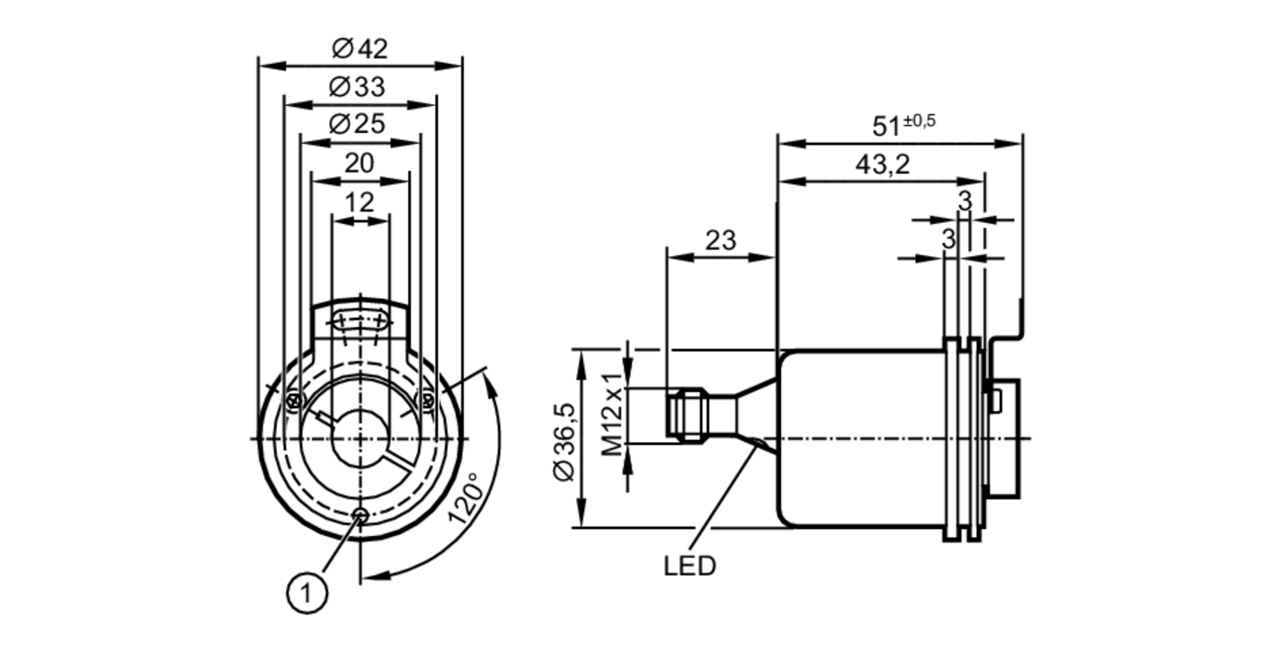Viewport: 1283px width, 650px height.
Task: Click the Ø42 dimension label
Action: click(x=360, y=49)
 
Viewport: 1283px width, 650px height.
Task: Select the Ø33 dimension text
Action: click(x=357, y=87)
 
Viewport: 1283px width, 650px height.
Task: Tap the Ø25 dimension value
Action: click(x=357, y=124)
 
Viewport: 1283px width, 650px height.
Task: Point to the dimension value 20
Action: click(x=359, y=164)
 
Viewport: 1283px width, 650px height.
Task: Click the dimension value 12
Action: click(x=359, y=203)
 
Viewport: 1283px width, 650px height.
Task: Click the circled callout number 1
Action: click(x=307, y=594)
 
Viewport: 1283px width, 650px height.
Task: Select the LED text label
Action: click(x=690, y=567)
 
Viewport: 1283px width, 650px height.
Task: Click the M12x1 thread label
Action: click(x=613, y=414)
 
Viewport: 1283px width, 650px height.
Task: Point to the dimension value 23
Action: click(x=720, y=241)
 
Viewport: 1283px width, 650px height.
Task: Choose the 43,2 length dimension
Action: click(x=882, y=166)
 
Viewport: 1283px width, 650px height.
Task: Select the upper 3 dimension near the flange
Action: click(x=965, y=201)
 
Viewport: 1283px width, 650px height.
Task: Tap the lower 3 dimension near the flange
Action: click(x=948, y=239)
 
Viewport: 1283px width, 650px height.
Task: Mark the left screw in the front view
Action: click(x=294, y=402)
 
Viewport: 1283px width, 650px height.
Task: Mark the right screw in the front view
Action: click(x=427, y=402)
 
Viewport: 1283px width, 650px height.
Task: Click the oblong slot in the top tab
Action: click(x=361, y=321)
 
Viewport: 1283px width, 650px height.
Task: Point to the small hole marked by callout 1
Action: click(x=361, y=515)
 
